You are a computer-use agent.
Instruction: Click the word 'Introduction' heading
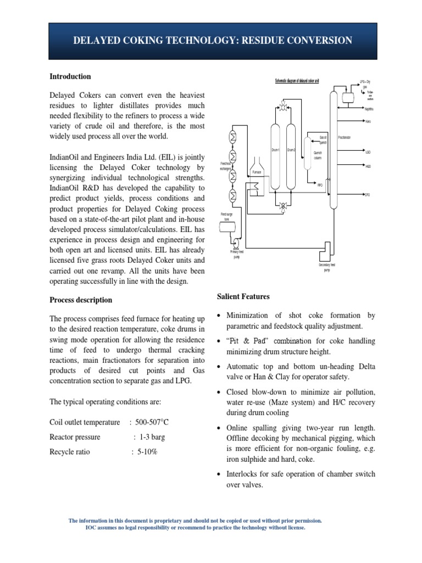tap(70, 76)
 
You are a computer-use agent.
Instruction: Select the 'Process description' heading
tap(81, 300)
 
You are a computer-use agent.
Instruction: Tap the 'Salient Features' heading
tap(243, 296)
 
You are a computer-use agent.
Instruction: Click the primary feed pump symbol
tap(237, 242)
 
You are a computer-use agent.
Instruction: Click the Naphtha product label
tap(369, 108)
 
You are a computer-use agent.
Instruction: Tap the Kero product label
tap(368, 121)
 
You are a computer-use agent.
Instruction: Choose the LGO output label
tap(368, 152)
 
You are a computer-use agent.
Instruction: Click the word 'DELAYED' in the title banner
tap(102, 41)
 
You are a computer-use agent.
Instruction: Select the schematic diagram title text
tap(297, 81)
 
